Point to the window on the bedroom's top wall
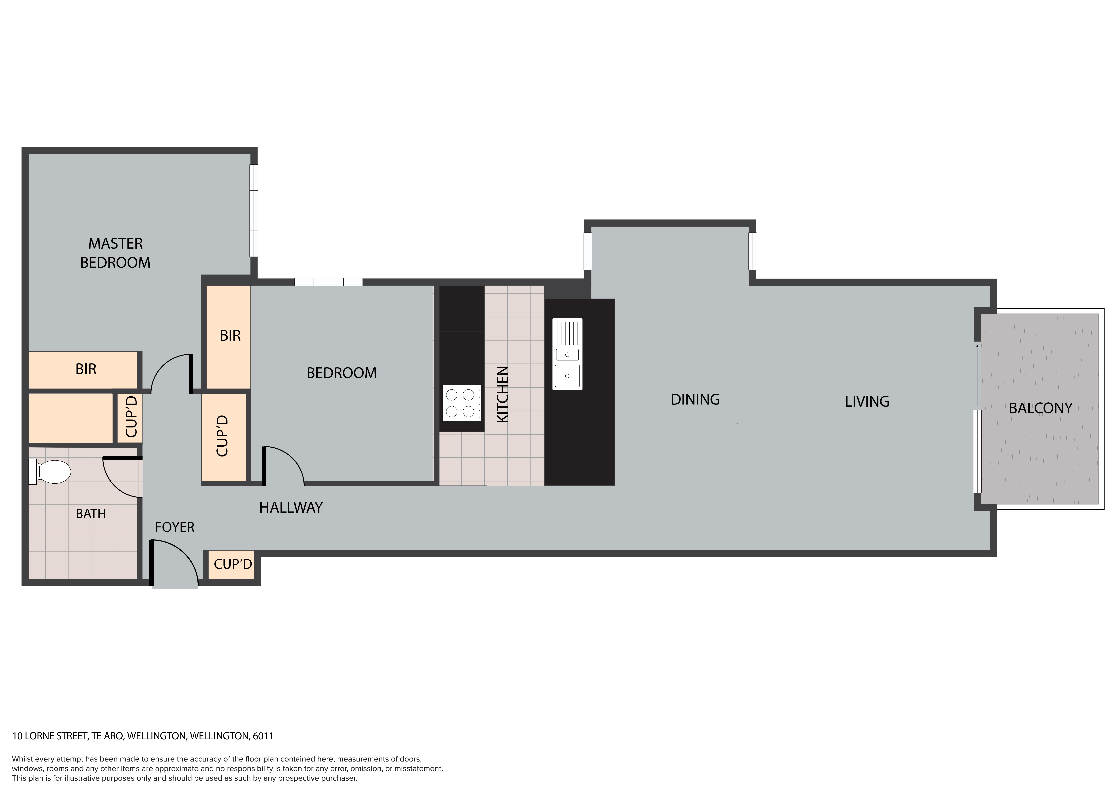coord(328,282)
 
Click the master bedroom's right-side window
coord(254,210)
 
